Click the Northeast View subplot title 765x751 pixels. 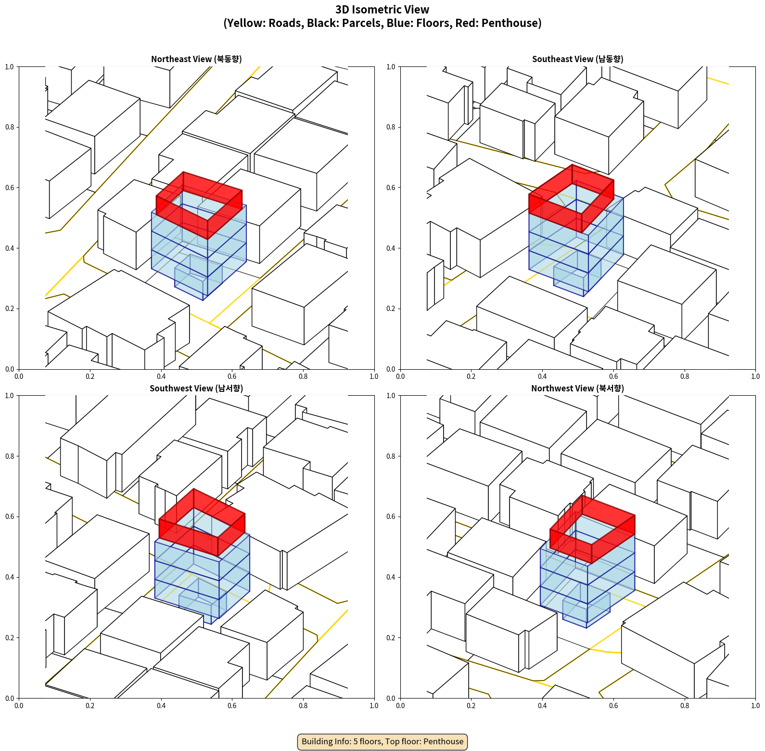tap(196, 59)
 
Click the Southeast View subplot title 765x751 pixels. tap(577, 59)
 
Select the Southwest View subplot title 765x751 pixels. tap(196, 388)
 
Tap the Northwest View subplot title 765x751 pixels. tap(577, 388)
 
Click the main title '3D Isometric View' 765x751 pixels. tap(382, 10)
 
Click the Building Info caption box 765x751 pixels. tap(382, 741)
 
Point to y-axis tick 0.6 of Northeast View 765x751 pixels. tap(10, 188)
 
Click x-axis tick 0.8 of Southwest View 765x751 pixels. tap(303, 706)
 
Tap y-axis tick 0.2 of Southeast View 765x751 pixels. tap(391, 309)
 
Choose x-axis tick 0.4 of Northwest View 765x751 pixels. tap(542, 706)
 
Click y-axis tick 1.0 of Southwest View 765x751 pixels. tap(10, 396)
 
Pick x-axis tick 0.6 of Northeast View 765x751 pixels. tap(232, 376)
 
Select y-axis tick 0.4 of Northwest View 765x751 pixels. tap(391, 577)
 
